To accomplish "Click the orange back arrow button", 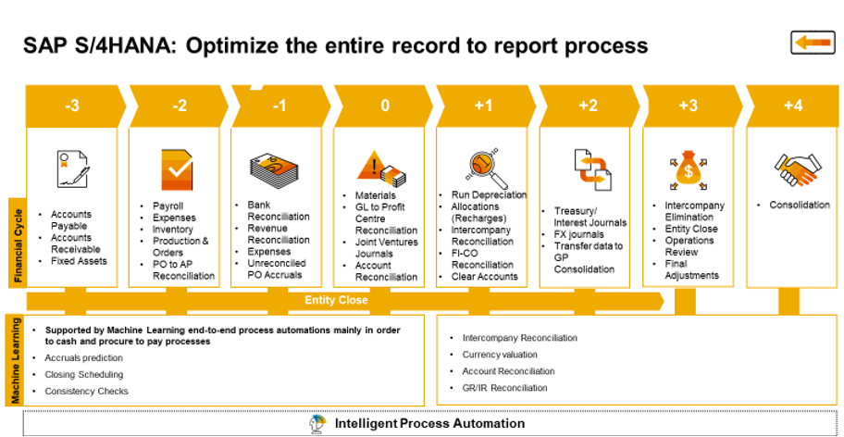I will [x=813, y=42].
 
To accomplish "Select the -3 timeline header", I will [x=72, y=106].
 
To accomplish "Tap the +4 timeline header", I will [x=792, y=106].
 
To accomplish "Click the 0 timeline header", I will [x=384, y=106].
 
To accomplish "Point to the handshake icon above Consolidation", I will [x=793, y=168].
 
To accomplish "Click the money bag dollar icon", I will [x=689, y=170].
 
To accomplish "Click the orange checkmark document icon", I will [x=176, y=169].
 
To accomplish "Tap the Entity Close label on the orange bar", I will [x=336, y=300].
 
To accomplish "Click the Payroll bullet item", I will [x=168, y=206].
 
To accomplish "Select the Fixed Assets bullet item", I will [x=78, y=261].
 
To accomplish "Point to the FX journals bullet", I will [x=579, y=234].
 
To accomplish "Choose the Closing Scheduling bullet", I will [x=83, y=374].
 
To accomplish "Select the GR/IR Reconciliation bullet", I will [x=504, y=388].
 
